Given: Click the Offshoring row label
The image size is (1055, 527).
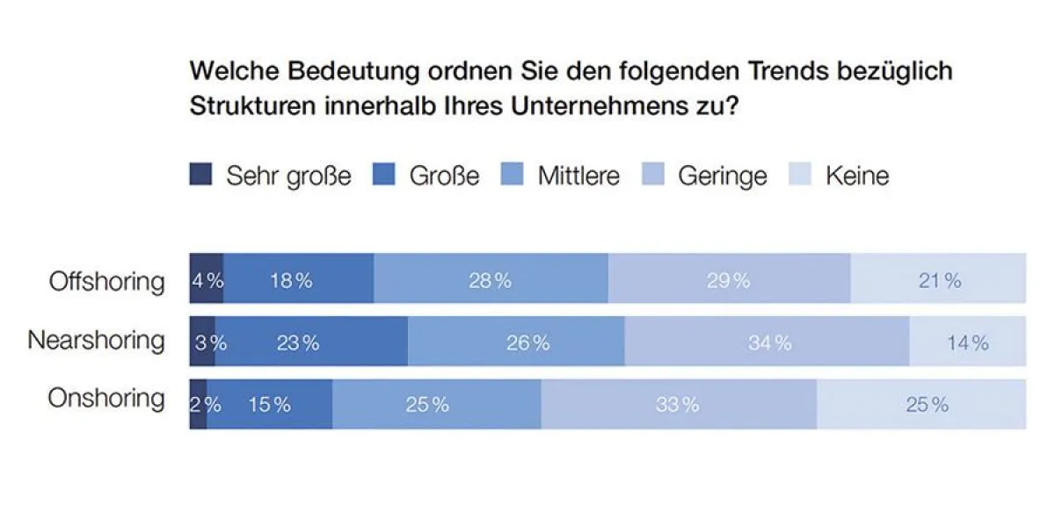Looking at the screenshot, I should [x=106, y=281].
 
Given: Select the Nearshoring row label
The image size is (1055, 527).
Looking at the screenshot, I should [x=96, y=340].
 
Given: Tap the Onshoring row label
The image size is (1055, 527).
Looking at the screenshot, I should [x=106, y=398].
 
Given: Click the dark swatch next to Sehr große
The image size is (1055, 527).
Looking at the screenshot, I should [x=201, y=176].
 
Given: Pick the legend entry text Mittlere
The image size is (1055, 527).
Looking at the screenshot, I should [x=578, y=176].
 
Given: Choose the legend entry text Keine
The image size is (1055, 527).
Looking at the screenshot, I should [x=857, y=176].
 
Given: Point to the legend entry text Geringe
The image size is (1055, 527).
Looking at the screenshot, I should [x=722, y=176].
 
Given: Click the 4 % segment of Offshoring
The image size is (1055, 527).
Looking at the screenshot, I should [x=207, y=281].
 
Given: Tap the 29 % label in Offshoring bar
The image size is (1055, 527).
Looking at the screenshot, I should [x=729, y=281].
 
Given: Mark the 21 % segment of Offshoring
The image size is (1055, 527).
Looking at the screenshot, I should [x=938, y=281].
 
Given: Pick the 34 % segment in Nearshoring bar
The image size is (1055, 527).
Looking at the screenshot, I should [x=767, y=343].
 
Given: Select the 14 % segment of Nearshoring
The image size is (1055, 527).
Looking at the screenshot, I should [x=967, y=343].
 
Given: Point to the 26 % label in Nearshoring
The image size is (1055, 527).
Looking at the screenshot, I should [x=527, y=343].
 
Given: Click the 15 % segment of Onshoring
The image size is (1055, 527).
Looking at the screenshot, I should [x=269, y=405].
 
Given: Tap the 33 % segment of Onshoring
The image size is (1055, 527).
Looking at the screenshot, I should [x=679, y=405].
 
